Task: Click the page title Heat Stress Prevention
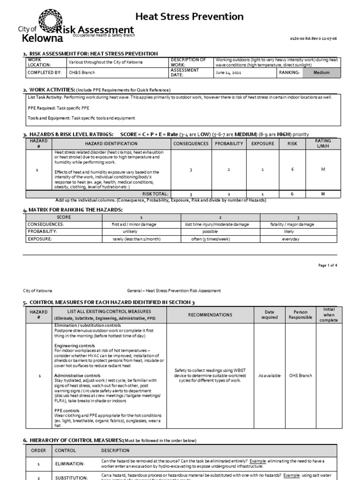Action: [189, 17]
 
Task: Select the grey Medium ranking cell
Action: [322, 73]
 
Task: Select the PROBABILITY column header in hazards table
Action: [229, 143]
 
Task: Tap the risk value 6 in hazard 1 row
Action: [292, 169]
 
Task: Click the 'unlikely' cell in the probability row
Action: [130, 232]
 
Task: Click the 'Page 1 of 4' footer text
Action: [328, 265]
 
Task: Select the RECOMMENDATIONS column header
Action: [210, 315]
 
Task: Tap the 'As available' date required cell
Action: [270, 375]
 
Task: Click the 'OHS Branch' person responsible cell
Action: [300, 375]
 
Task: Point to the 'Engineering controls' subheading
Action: [74, 345]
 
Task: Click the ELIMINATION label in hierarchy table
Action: [70, 464]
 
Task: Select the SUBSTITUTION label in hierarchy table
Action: [71, 478]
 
